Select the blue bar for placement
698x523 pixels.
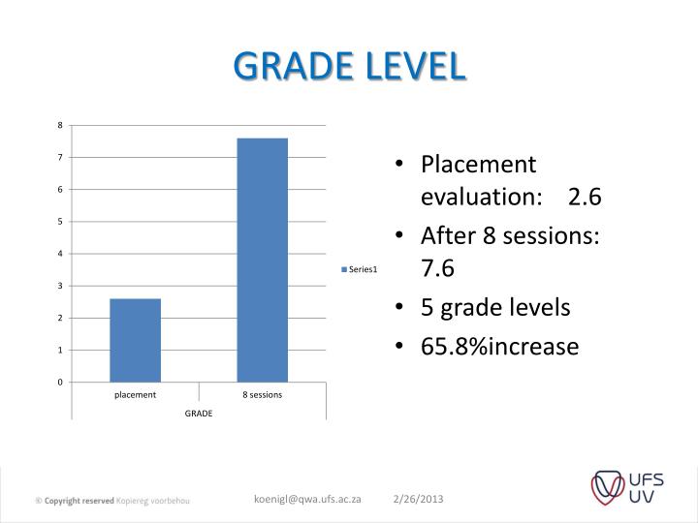(x=136, y=340)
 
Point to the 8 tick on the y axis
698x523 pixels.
(x=60, y=125)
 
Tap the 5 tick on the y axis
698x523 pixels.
(x=60, y=222)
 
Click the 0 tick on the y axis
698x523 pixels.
(x=60, y=382)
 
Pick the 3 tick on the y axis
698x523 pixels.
(x=60, y=286)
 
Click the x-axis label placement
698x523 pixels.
(x=135, y=395)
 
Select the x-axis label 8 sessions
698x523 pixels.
(x=262, y=395)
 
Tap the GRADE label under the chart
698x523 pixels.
(x=200, y=414)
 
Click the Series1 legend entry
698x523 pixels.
(x=359, y=269)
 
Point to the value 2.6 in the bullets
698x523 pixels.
(x=586, y=197)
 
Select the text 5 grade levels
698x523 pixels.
(x=495, y=307)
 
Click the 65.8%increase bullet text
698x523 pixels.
(x=499, y=346)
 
